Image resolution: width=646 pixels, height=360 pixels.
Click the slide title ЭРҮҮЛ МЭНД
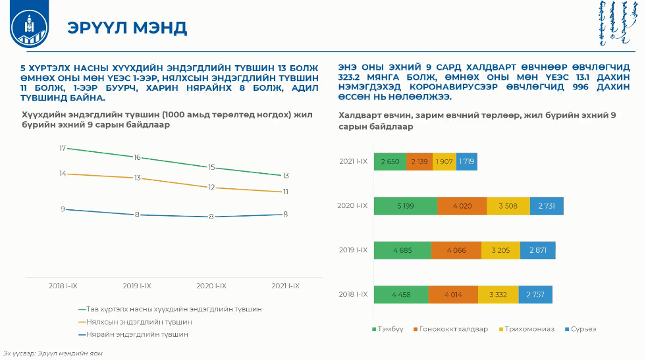127,28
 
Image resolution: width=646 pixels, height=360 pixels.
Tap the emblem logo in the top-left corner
30,28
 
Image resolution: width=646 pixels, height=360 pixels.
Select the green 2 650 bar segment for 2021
390,161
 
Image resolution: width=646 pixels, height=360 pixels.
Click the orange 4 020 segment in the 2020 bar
462,206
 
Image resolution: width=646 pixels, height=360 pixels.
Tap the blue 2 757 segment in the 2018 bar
535,294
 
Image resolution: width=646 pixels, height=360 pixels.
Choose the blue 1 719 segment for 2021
466,161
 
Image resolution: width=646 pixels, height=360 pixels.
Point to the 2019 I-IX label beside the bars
353,250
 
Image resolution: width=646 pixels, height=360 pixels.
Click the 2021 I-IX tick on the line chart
285,286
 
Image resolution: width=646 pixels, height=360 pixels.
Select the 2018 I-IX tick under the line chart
63,286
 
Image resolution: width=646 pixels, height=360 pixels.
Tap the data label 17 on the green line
63,148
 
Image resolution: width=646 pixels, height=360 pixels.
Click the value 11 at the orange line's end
286,192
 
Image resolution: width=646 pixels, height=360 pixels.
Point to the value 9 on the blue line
63,209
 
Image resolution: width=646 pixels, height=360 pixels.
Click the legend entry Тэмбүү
388,328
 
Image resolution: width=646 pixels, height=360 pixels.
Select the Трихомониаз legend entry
527,328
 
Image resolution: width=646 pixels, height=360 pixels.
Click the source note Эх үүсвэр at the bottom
53,353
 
